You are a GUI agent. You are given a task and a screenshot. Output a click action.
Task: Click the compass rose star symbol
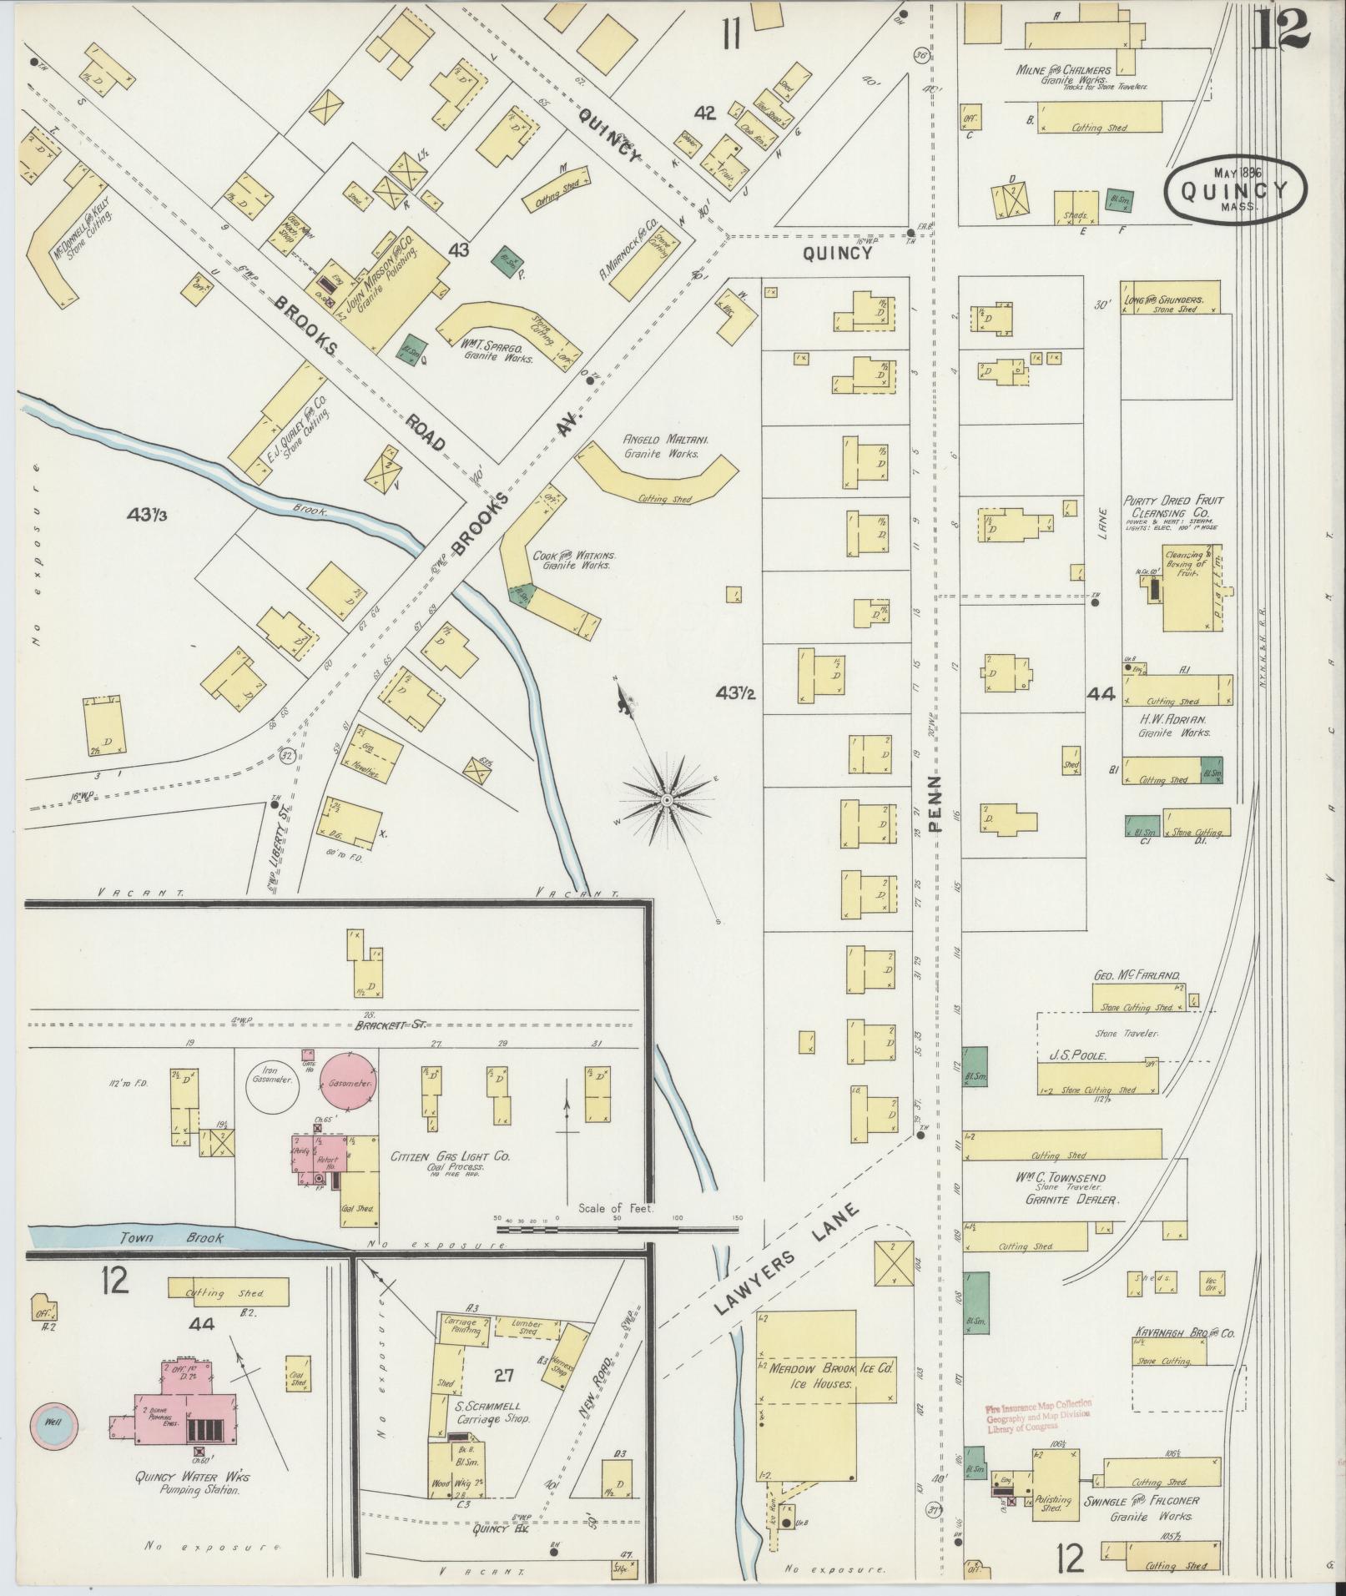667,799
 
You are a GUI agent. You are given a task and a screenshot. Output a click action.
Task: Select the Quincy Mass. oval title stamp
1236,189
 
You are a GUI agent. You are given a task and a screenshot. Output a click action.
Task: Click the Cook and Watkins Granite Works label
577,560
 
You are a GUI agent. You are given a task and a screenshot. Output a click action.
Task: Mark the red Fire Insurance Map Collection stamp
1038,1416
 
